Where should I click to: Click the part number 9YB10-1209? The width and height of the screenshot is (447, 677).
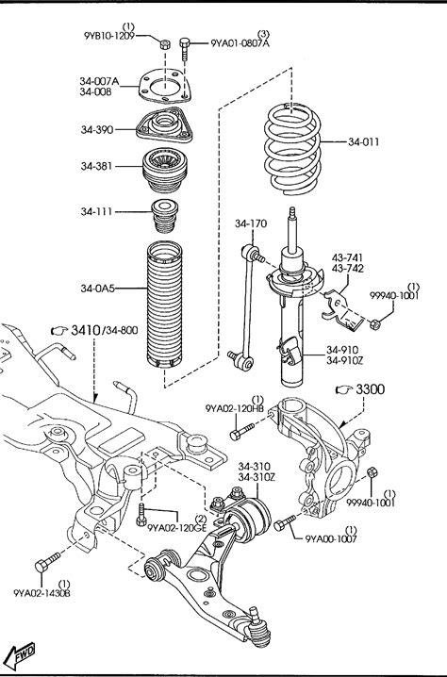(109, 36)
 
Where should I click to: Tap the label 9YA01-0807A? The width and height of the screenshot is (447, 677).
(240, 43)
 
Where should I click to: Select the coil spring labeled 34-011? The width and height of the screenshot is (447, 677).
(292, 149)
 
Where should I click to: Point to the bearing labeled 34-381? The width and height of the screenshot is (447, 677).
(164, 170)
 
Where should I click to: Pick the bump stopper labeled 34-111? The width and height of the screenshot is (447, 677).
(164, 216)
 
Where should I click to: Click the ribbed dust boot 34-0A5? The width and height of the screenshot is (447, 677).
(164, 305)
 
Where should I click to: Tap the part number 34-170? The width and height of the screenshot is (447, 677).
(251, 223)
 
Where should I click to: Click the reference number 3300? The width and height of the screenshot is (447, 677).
(370, 389)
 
